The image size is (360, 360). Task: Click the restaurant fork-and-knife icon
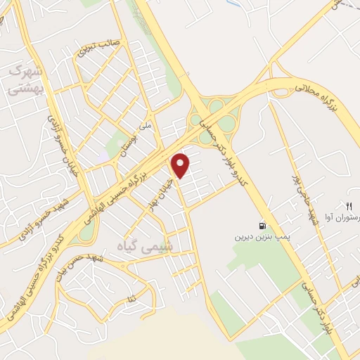[x=347, y=205]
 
